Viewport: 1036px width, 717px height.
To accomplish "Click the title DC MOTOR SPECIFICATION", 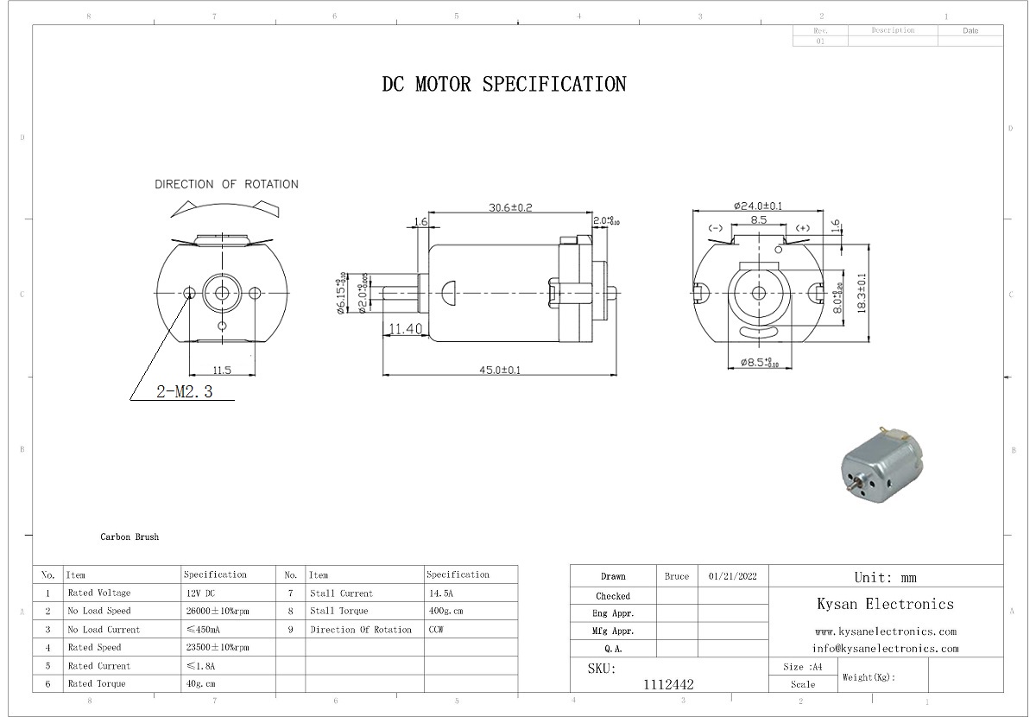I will point(504,85).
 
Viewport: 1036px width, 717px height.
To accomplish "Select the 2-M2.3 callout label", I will point(184,392).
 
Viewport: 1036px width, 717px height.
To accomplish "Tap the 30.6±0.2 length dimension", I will point(510,207).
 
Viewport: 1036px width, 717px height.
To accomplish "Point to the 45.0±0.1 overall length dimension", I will point(500,370).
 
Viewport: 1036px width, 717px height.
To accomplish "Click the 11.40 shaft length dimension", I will point(404,329).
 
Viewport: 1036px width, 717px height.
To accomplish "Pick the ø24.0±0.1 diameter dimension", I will point(758,206).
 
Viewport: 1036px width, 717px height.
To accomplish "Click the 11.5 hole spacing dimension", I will point(222,370).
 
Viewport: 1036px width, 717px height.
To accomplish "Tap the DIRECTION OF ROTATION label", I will point(226,184).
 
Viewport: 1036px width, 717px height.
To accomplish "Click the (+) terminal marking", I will point(803,228).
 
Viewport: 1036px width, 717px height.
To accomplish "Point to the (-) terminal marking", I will point(715,228).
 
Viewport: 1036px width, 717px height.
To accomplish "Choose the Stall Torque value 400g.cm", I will point(446,612).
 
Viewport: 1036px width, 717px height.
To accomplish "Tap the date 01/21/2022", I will point(732,576).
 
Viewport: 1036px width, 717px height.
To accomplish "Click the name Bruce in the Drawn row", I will point(677,576).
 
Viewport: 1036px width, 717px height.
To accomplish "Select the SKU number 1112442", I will point(668,684).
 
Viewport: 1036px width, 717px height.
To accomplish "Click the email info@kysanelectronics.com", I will point(885,648).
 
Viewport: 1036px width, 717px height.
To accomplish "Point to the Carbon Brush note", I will point(129,537).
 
